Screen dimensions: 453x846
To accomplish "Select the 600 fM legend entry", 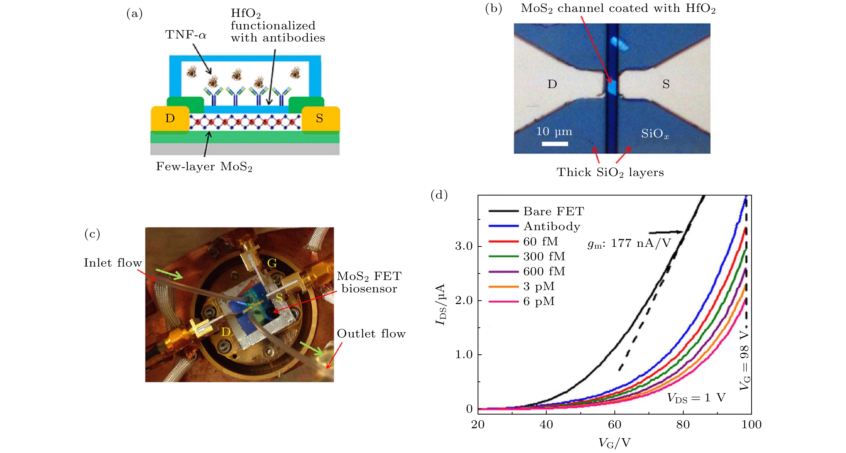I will (544, 271).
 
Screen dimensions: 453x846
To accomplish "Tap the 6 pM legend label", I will (539, 301).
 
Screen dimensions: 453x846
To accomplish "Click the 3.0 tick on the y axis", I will (463, 246).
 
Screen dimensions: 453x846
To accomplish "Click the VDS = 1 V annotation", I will (696, 398).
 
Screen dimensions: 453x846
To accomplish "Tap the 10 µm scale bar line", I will (555, 144).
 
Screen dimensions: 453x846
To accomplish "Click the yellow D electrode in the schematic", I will (170, 118).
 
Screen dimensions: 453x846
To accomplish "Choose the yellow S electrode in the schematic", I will (320, 118).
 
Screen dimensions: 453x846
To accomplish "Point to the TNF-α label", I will (186, 34).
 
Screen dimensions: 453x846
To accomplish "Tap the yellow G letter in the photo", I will (272, 263).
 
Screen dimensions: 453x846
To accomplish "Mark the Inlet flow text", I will (113, 263).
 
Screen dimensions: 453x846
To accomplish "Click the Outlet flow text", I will (371, 334).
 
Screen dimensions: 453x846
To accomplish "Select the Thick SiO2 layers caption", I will (610, 172).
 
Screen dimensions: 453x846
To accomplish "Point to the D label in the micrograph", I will (552, 84).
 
